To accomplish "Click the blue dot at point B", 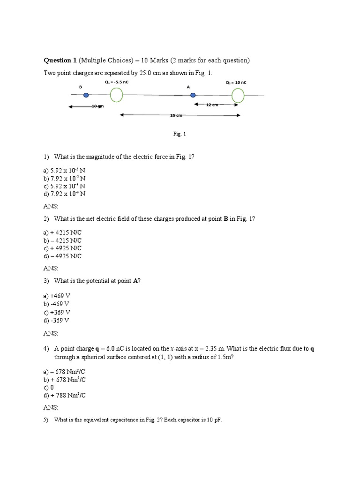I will coord(86,95).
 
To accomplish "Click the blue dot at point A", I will coord(193,95).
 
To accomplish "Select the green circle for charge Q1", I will coord(116,95).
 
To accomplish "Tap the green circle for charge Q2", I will coord(238,95).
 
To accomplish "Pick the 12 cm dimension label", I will coord(212,105).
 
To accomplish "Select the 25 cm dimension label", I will coord(176,115).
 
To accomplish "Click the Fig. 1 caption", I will coord(180,134).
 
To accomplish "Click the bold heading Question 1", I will coord(60,60).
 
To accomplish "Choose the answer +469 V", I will coord(60,296).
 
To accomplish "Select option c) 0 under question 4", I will coord(48,387).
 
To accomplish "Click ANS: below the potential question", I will coord(51,333).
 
